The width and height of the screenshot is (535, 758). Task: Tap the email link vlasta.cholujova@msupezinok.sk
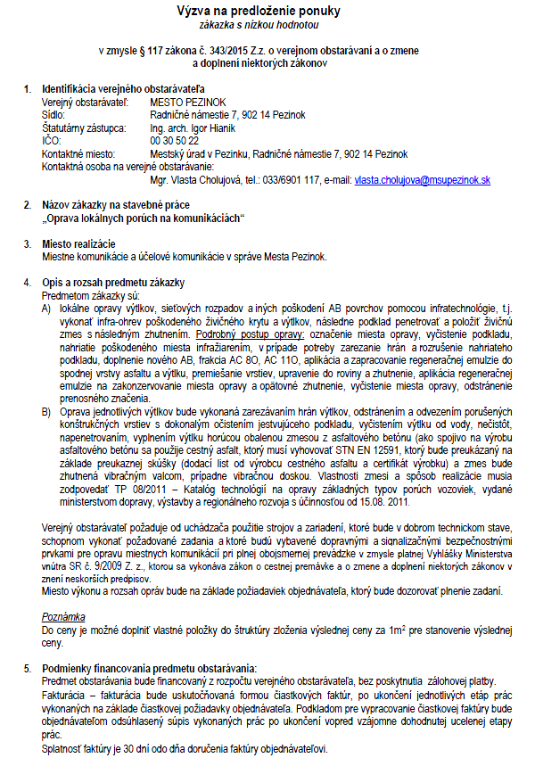(423, 179)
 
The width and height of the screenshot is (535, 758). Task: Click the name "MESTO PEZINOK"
(188, 103)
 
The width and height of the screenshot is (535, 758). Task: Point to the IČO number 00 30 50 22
(175, 141)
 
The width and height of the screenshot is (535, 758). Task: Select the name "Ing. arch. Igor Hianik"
(194, 128)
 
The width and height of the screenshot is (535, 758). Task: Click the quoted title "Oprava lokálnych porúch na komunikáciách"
(144, 218)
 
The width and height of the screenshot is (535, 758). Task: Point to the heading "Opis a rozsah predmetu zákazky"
(113, 283)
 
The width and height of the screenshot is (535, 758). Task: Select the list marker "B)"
(45, 413)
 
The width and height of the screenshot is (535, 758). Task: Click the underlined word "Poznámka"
(63, 615)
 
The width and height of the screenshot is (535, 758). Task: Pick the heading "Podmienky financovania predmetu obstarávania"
(149, 667)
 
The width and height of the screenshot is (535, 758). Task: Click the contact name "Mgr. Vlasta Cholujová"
(197, 179)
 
